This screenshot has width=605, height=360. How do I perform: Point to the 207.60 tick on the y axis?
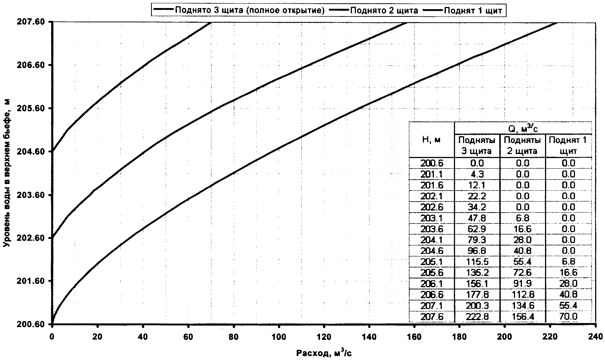31,22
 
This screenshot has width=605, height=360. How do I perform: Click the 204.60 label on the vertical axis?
31,151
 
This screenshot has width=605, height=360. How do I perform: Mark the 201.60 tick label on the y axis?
31,281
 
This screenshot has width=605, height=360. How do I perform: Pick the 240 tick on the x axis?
595,336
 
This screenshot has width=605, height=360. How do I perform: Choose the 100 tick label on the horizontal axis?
279,336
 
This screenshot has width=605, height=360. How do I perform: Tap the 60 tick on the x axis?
188,336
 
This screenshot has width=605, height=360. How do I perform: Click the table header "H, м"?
432,139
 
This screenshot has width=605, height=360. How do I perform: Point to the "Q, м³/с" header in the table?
523,128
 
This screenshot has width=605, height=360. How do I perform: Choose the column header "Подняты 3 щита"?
477,146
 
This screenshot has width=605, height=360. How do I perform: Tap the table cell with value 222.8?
477,316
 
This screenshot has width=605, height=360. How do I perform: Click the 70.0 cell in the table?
568,316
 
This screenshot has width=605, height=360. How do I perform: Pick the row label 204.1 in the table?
432,240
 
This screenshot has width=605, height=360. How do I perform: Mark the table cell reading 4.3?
477,174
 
